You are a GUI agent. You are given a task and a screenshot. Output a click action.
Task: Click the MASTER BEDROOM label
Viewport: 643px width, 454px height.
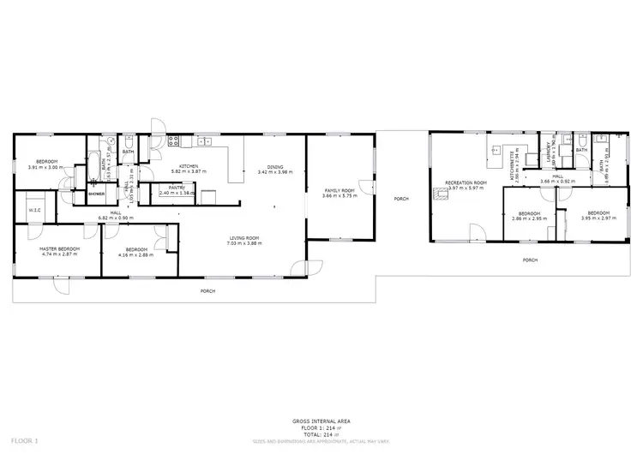pyautogui.click(x=59, y=248)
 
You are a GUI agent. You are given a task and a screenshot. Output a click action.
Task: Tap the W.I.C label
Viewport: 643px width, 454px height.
pyautogui.click(x=34, y=210)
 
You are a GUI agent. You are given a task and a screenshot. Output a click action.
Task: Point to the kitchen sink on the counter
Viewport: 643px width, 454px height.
pyautogui.click(x=206, y=140)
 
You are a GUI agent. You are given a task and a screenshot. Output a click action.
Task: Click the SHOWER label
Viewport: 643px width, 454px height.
pyautogui.click(x=96, y=194)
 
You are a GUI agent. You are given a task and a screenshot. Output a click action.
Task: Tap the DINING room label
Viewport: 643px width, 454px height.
pyautogui.click(x=274, y=167)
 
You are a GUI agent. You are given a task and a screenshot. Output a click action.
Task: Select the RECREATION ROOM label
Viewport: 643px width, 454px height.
pyautogui.click(x=466, y=182)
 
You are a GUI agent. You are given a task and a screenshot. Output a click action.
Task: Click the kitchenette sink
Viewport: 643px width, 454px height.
pyautogui.click(x=496, y=149)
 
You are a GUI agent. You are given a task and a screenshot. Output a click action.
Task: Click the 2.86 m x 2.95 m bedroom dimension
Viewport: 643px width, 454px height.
pyautogui.click(x=529, y=218)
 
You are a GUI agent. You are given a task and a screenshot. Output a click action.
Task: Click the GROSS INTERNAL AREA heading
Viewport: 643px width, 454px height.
pyautogui.click(x=321, y=421)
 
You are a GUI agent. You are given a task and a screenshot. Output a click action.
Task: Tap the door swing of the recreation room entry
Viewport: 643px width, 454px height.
pyautogui.click(x=475, y=230)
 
